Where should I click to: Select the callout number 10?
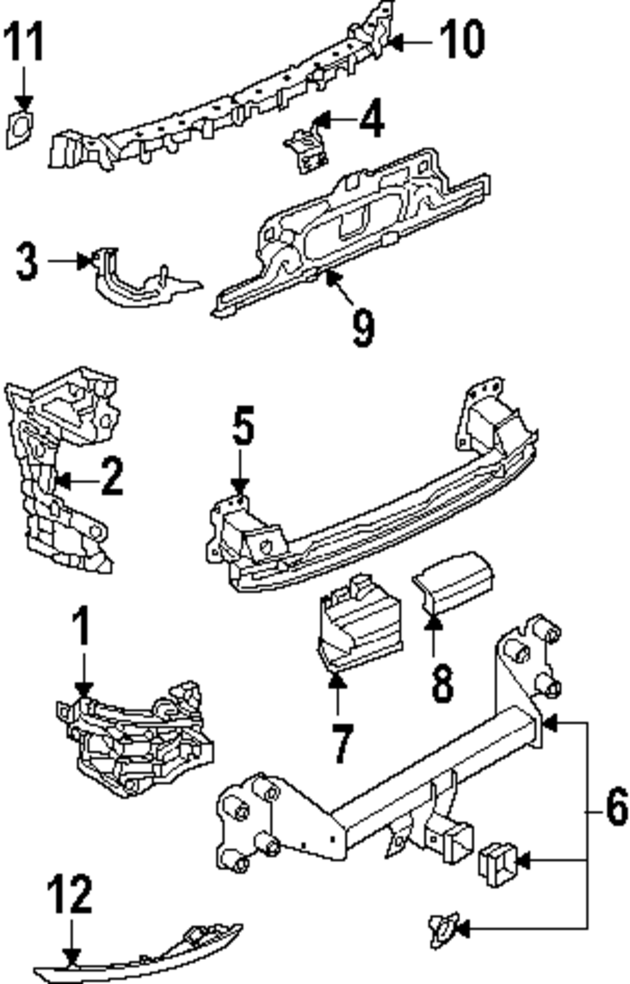[462, 39]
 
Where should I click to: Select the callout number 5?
[243, 427]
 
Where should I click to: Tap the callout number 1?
[82, 627]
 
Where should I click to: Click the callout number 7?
[341, 743]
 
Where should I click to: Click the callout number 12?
[70, 894]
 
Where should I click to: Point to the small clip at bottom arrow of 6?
[442, 929]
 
